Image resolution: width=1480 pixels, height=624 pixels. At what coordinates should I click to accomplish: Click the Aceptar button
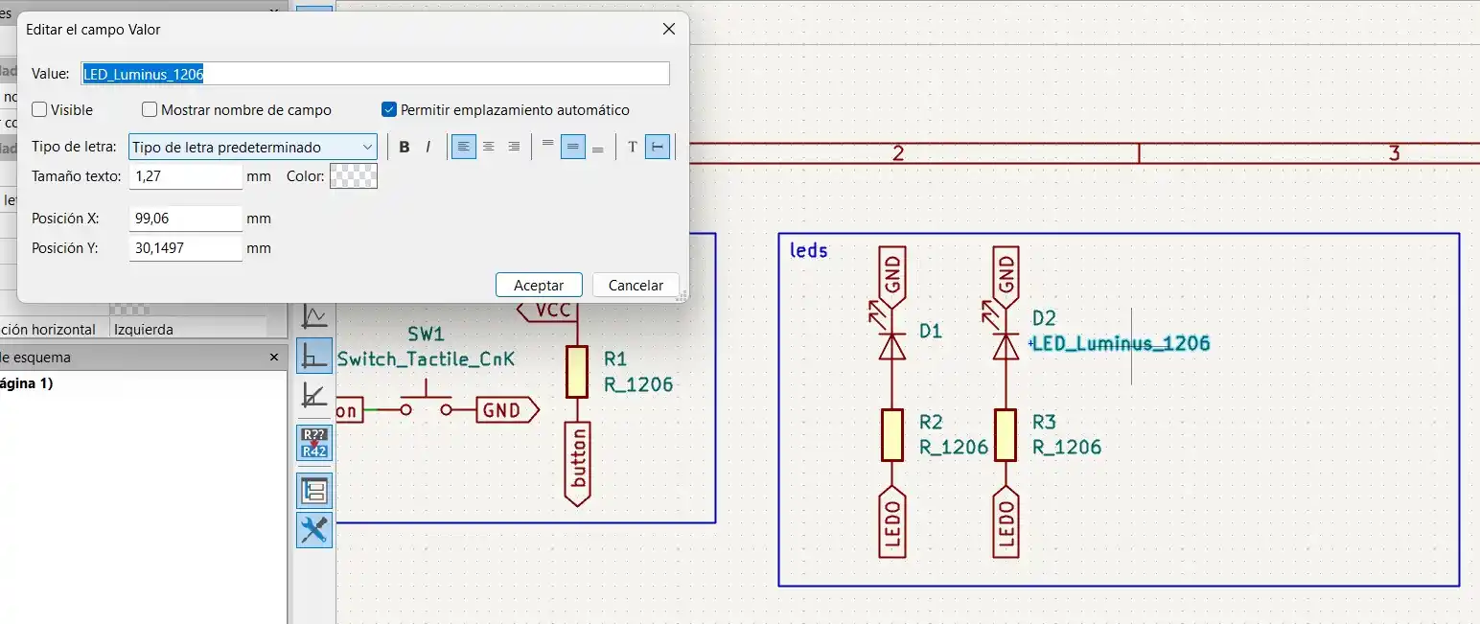(x=539, y=285)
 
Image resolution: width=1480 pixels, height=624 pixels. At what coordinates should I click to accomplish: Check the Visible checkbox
(x=39, y=110)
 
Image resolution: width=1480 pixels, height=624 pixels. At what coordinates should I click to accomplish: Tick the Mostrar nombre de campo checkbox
(x=150, y=110)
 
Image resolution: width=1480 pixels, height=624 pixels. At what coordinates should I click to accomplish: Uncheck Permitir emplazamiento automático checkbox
(x=389, y=110)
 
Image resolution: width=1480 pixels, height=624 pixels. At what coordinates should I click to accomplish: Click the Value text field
(x=375, y=74)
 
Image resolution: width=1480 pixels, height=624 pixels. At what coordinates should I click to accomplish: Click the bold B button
(x=405, y=147)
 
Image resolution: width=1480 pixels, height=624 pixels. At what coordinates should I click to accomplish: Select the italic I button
(x=428, y=147)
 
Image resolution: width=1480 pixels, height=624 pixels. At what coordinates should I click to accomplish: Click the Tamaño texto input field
(x=185, y=176)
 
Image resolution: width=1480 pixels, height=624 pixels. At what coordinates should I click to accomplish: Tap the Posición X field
(x=185, y=219)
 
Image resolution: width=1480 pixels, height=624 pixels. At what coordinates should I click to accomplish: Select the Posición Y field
(x=185, y=248)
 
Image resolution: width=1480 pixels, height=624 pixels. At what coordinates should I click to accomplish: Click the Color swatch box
(x=354, y=176)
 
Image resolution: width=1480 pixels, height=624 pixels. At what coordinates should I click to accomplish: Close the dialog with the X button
(x=669, y=30)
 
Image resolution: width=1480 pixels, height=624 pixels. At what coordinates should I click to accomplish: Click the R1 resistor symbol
(x=576, y=371)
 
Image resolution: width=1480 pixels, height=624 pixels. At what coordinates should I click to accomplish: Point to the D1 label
(x=930, y=332)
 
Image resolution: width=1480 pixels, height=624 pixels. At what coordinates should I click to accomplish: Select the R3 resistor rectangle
(x=1006, y=434)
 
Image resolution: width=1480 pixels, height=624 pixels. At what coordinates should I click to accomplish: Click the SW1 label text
(x=427, y=335)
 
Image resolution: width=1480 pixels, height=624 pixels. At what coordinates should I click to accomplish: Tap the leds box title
(x=808, y=251)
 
